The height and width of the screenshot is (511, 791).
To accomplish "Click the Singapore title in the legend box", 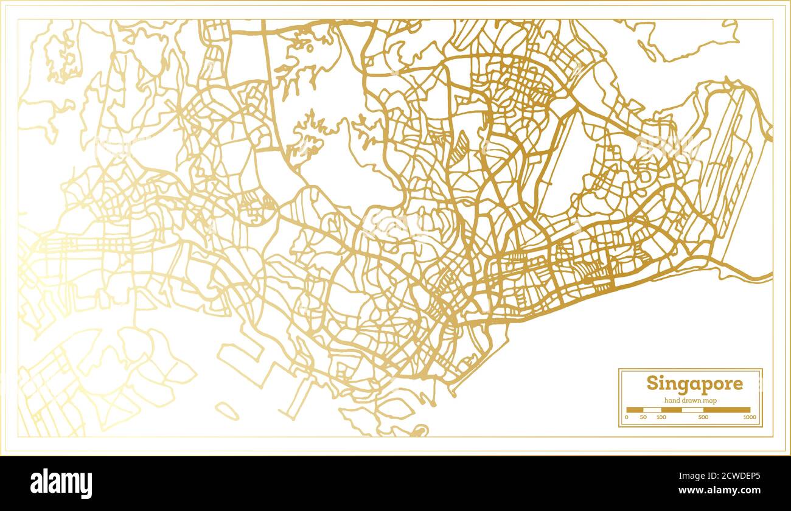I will (x=694, y=384).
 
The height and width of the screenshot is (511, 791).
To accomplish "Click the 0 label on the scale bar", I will (x=626, y=417).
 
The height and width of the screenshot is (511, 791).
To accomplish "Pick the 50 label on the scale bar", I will (x=644, y=417).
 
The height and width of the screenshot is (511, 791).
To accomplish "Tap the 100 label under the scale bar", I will (x=661, y=417).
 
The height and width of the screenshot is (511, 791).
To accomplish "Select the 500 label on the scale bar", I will (x=703, y=417).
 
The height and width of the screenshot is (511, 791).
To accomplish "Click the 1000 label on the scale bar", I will (x=749, y=417).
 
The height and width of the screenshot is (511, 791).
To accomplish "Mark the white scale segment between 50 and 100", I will (x=652, y=410).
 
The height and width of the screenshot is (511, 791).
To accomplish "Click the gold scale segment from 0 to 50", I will (x=635, y=410).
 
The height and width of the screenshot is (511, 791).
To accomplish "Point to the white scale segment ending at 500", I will (x=692, y=410).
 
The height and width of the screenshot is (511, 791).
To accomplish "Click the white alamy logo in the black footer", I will (x=61, y=484).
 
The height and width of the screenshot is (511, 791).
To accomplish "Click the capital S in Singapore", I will (x=652, y=384).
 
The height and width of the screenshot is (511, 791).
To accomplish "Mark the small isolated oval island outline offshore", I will (x=226, y=411).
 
